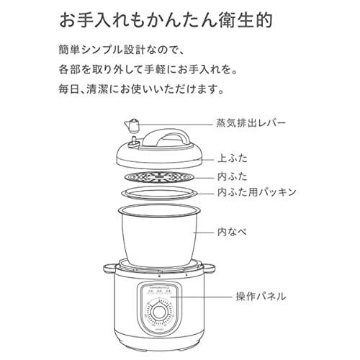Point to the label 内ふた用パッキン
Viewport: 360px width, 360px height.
256,192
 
